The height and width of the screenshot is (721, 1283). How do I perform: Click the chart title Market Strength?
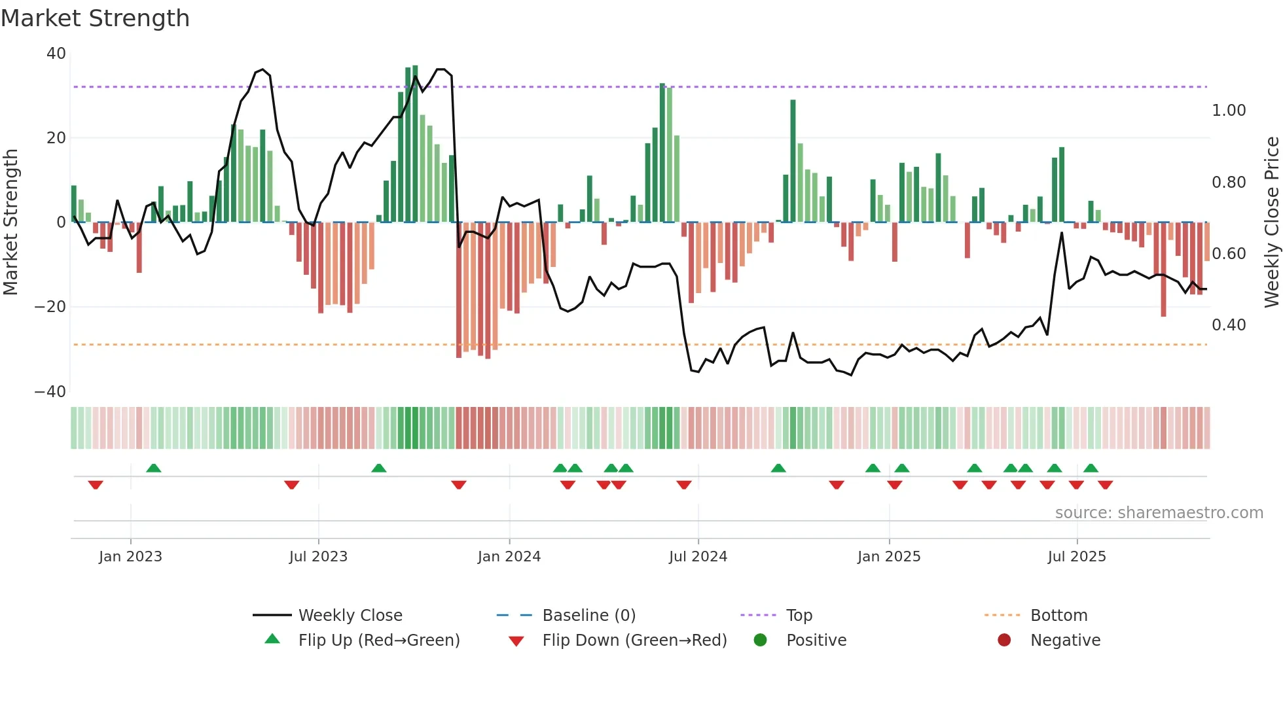click(x=95, y=18)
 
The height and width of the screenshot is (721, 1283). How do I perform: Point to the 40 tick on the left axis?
click(x=56, y=54)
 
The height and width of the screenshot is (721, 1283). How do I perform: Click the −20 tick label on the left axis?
click(x=50, y=307)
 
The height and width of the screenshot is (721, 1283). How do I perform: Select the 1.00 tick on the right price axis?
click(x=1229, y=111)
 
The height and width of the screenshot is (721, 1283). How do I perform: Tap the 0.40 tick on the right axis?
click(x=1229, y=325)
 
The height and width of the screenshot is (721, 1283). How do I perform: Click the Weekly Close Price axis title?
click(x=1271, y=222)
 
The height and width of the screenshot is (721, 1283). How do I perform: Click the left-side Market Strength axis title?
click(x=10, y=222)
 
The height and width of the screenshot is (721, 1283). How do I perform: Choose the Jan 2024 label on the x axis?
click(x=509, y=557)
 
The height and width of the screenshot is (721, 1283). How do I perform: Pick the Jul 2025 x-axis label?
click(x=1077, y=557)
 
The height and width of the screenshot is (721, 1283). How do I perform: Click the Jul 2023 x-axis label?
click(x=318, y=557)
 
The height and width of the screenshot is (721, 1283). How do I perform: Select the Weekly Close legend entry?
click(x=350, y=616)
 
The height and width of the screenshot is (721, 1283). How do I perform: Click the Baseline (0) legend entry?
click(x=588, y=616)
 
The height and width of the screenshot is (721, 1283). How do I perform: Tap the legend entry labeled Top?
click(x=799, y=616)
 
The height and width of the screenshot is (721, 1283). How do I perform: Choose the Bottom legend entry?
click(x=1058, y=616)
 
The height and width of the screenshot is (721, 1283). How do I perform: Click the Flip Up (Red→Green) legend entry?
click(x=378, y=641)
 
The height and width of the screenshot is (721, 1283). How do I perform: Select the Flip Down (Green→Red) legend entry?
click(x=634, y=641)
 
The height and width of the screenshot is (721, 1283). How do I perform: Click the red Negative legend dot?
click(x=1004, y=640)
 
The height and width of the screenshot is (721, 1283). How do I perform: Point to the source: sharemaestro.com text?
click(x=1159, y=513)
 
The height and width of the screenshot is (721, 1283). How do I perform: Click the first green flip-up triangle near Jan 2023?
click(x=154, y=468)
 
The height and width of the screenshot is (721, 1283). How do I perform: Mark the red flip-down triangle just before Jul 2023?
click(x=292, y=485)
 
